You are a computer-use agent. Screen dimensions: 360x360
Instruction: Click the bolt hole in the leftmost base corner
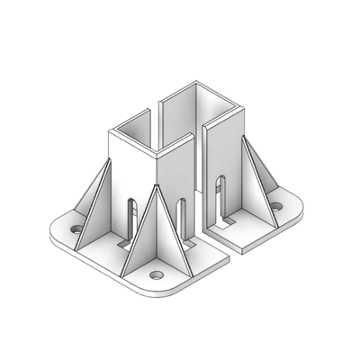tap(76, 229)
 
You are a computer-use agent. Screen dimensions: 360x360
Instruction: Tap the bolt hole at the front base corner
tap(157, 273)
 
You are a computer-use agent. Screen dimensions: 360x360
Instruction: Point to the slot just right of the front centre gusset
tap(183, 219)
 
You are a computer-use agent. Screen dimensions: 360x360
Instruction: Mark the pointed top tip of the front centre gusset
tap(157, 186)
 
